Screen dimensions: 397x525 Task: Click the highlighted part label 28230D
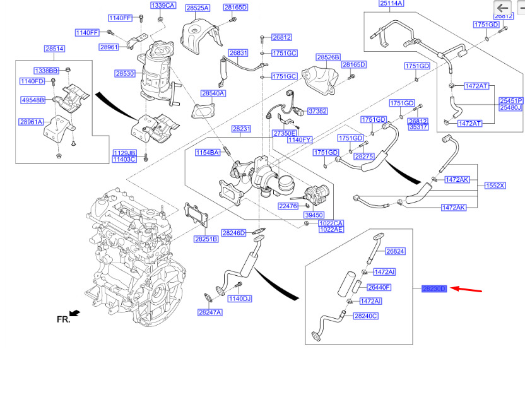tap(434, 288)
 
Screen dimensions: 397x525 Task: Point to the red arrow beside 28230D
tap(468, 290)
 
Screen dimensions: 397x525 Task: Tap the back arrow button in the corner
tap(504, 8)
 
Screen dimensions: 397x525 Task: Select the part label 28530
tap(125, 74)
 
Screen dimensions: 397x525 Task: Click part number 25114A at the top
tap(391, 4)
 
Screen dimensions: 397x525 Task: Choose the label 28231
tap(241, 129)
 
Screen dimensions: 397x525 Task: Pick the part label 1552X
tap(495, 186)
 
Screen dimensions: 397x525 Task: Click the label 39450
tap(314, 215)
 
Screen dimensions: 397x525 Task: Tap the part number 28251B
tap(206, 239)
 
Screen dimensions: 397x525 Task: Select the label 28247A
tap(209, 312)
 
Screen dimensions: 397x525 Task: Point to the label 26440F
tap(379, 287)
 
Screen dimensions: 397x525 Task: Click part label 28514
tap(54, 49)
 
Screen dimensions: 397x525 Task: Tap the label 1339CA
tap(162, 6)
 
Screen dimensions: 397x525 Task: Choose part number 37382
tap(317, 111)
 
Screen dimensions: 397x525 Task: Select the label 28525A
tap(198, 8)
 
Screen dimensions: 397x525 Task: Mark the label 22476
tap(288, 206)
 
